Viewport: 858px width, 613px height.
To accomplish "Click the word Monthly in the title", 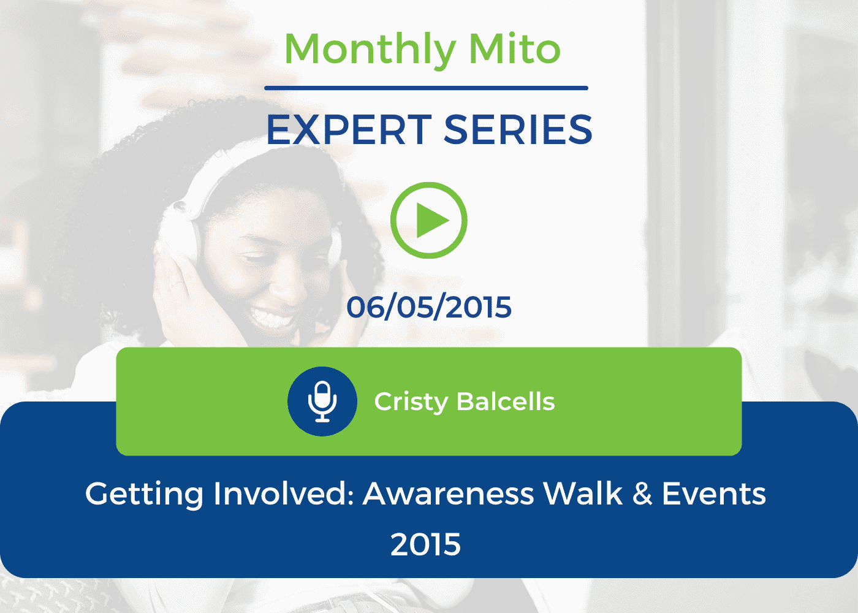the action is tap(370, 51).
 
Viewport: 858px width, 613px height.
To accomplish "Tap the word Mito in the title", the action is tap(515, 48).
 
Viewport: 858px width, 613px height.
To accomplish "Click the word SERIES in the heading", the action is tap(518, 129).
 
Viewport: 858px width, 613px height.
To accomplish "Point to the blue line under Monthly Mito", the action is tap(426, 88).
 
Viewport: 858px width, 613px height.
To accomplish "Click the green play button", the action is tap(428, 220).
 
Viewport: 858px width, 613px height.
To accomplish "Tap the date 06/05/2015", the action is tap(429, 307).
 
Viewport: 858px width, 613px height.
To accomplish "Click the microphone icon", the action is tap(322, 401).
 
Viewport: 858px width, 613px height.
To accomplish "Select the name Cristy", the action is tap(411, 403).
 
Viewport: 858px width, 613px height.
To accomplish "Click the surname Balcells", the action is tap(506, 402).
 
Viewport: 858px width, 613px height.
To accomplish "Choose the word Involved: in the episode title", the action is tap(284, 493).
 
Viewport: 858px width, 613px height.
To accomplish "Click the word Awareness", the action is tap(449, 493).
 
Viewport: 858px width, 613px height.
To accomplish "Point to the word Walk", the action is tap(583, 493).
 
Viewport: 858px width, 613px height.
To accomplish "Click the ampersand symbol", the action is tap(642, 493).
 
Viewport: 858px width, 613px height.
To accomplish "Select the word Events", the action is tap(714, 493).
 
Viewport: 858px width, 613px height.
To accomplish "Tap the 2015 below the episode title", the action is tap(425, 544).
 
